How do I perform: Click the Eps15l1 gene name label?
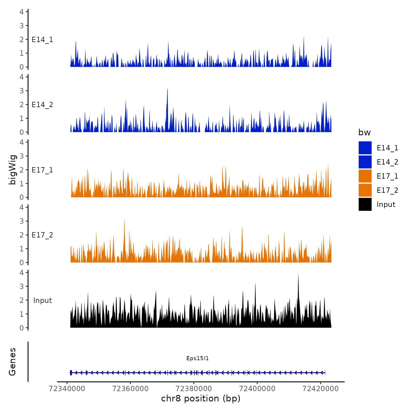pos(197,358)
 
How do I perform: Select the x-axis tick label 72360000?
pos(130,388)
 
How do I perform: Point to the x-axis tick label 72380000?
pos(194,388)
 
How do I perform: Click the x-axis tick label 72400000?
pos(257,388)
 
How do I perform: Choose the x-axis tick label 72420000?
pos(321,388)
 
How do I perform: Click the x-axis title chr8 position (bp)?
pos(201,398)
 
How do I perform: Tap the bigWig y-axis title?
pos(12,170)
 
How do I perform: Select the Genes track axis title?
pos(12,362)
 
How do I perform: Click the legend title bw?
pos(364,132)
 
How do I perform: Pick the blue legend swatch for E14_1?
pos(365,148)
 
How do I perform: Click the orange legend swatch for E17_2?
pos(365,190)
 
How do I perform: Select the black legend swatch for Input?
pos(365,204)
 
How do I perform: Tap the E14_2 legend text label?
pos(387,162)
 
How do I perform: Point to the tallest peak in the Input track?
pos(298,274)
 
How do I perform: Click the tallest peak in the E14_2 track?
pos(167,89)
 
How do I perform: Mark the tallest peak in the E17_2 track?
pos(124,220)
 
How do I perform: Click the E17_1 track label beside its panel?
pos(42,170)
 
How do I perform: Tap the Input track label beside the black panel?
pos(42,300)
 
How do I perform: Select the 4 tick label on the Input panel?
pos(22,273)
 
